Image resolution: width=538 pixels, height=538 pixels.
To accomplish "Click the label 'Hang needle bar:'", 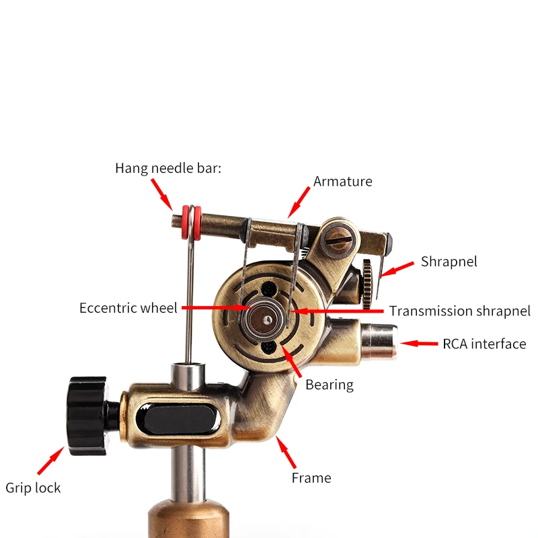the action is (x=168, y=168).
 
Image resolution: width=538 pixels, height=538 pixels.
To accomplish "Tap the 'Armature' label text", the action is (x=342, y=182).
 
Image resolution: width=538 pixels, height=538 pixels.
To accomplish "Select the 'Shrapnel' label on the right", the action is (x=449, y=262).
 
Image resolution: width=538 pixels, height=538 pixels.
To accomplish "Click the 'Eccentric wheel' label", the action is (x=128, y=308).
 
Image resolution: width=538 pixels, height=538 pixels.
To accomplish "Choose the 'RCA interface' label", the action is (x=484, y=344).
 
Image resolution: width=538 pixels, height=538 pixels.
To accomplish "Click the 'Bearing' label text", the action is (x=329, y=385).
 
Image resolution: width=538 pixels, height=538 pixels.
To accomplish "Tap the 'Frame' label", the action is (x=311, y=478).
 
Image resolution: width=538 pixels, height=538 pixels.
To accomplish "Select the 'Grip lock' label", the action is (x=33, y=488).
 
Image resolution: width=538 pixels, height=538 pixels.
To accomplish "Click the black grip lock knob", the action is (x=87, y=416).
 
